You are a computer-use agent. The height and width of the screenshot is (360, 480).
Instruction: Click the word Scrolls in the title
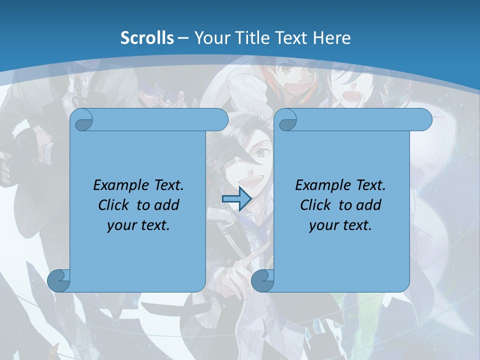tap(147, 38)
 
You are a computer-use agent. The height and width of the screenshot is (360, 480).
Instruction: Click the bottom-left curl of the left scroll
tap(58, 281)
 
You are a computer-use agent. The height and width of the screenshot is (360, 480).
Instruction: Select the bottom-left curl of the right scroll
tap(262, 281)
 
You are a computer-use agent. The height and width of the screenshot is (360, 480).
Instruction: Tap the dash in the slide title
tap(183, 38)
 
